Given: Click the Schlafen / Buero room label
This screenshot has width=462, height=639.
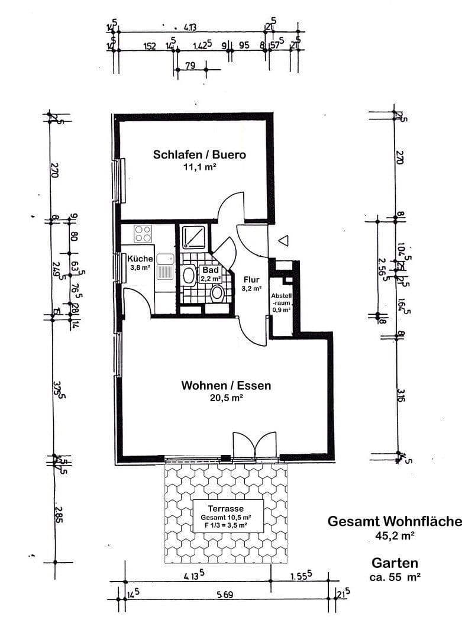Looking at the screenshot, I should point(199,155).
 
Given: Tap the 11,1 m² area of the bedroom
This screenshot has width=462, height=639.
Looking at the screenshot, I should point(199,167).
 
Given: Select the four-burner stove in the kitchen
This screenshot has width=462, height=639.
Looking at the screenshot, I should point(143,234).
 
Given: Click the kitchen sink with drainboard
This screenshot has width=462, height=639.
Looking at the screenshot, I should point(165,267).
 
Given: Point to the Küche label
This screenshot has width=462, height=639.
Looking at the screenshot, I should point(140,259).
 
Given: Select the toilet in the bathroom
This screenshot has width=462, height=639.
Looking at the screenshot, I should point(217,292).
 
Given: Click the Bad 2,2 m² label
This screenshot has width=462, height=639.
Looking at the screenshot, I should point(211,273).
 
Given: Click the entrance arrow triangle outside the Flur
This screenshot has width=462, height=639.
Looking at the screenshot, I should point(283,240).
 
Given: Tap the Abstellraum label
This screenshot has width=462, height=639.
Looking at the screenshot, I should point(281,302).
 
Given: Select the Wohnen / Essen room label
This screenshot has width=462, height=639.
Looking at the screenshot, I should point(226,386).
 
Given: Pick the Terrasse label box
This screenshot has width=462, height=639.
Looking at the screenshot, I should point(228,516).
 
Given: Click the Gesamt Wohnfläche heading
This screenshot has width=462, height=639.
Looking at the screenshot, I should point(394,521).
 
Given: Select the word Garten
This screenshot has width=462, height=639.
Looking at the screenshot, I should point(395,563).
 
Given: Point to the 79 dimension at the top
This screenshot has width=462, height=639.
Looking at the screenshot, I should point(190,66).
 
